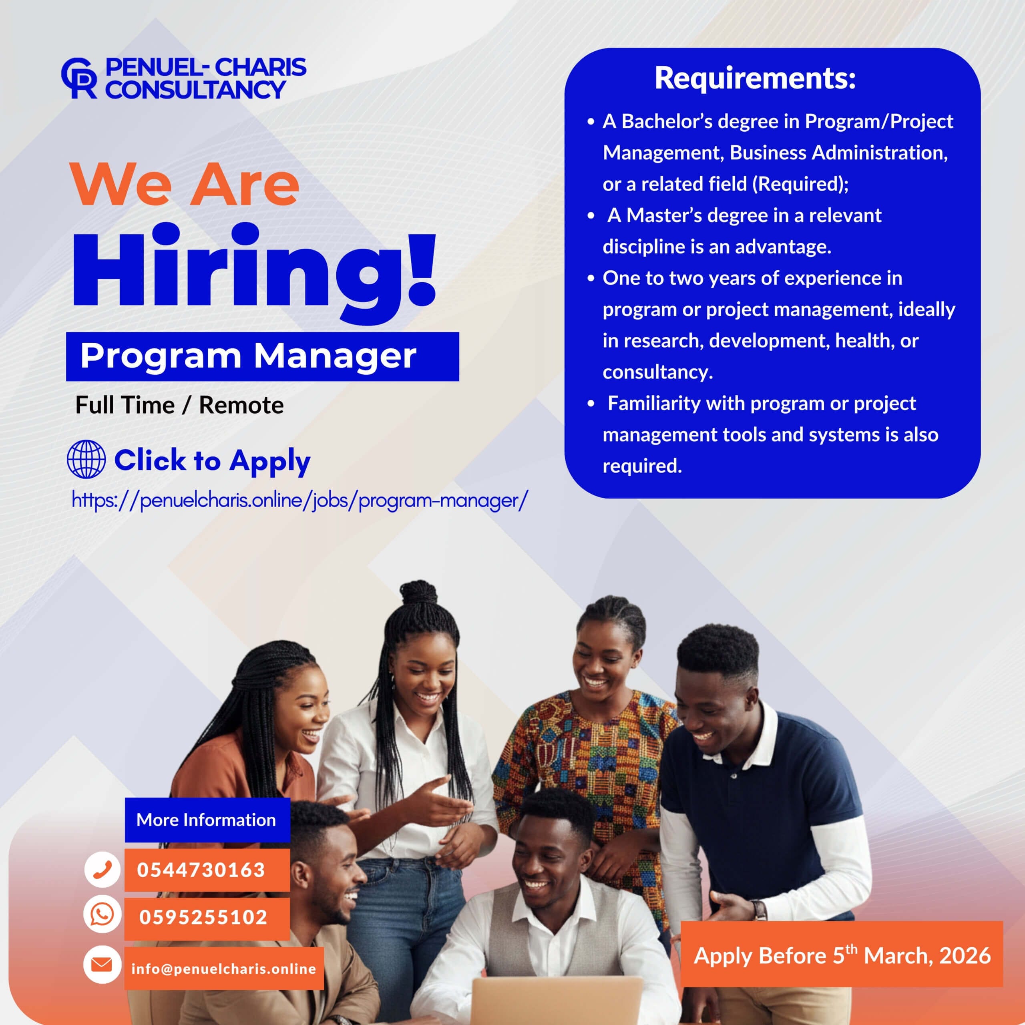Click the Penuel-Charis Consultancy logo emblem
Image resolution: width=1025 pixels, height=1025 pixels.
point(79,78)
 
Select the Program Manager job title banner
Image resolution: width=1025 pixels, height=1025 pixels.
point(262,356)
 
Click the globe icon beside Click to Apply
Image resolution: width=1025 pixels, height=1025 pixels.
point(86,459)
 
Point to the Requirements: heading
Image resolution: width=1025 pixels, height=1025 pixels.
point(755,78)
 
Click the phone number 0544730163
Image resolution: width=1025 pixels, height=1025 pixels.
point(201,870)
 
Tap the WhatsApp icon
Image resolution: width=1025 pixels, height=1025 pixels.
point(102,914)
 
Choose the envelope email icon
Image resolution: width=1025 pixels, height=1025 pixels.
point(102,964)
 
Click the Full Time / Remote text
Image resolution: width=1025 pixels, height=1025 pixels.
point(179,405)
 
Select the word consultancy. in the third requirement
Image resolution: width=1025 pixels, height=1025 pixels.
point(658,372)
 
